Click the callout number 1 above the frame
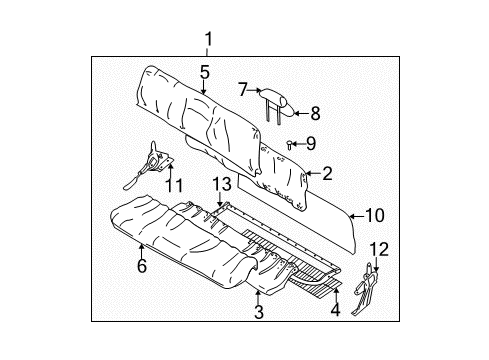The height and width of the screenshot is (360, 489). [x=209, y=39]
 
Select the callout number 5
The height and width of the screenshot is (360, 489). [x=203, y=72]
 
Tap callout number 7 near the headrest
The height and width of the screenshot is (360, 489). [x=242, y=89]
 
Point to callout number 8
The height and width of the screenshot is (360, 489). [x=315, y=112]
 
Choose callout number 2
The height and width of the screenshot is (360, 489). [x=326, y=173]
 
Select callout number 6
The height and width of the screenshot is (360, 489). [x=141, y=265]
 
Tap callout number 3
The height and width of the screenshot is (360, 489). [x=258, y=313]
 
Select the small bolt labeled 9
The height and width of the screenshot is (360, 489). [x=290, y=144]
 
